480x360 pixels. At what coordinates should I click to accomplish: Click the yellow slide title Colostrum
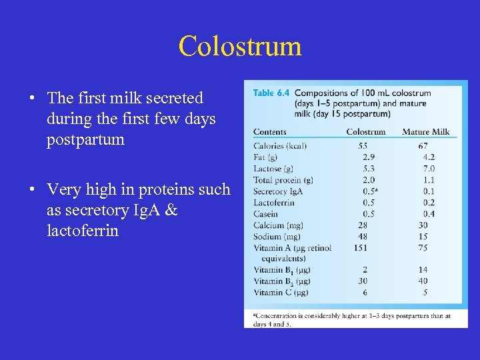[240, 46]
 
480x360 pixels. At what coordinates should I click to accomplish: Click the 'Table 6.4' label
[271, 93]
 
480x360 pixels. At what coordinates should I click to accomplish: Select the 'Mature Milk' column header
[425, 131]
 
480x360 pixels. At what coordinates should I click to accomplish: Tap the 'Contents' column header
[270, 131]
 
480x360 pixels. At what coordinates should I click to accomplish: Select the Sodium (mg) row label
[277, 237]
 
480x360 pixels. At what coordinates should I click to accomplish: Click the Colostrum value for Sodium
[363, 237]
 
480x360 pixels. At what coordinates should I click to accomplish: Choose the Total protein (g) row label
[283, 180]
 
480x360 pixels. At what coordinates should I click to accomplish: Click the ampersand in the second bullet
[171, 210]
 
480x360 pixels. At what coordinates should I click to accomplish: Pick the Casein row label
[266, 214]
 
